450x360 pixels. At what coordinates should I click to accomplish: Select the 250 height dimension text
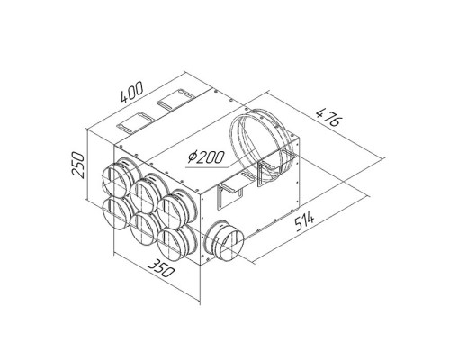click(77, 165)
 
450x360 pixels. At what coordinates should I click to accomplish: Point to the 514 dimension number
click(304, 221)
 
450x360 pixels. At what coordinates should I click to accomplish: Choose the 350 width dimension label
click(161, 267)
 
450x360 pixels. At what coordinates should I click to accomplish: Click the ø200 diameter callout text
click(206, 157)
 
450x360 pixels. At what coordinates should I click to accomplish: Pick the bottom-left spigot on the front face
click(116, 213)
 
